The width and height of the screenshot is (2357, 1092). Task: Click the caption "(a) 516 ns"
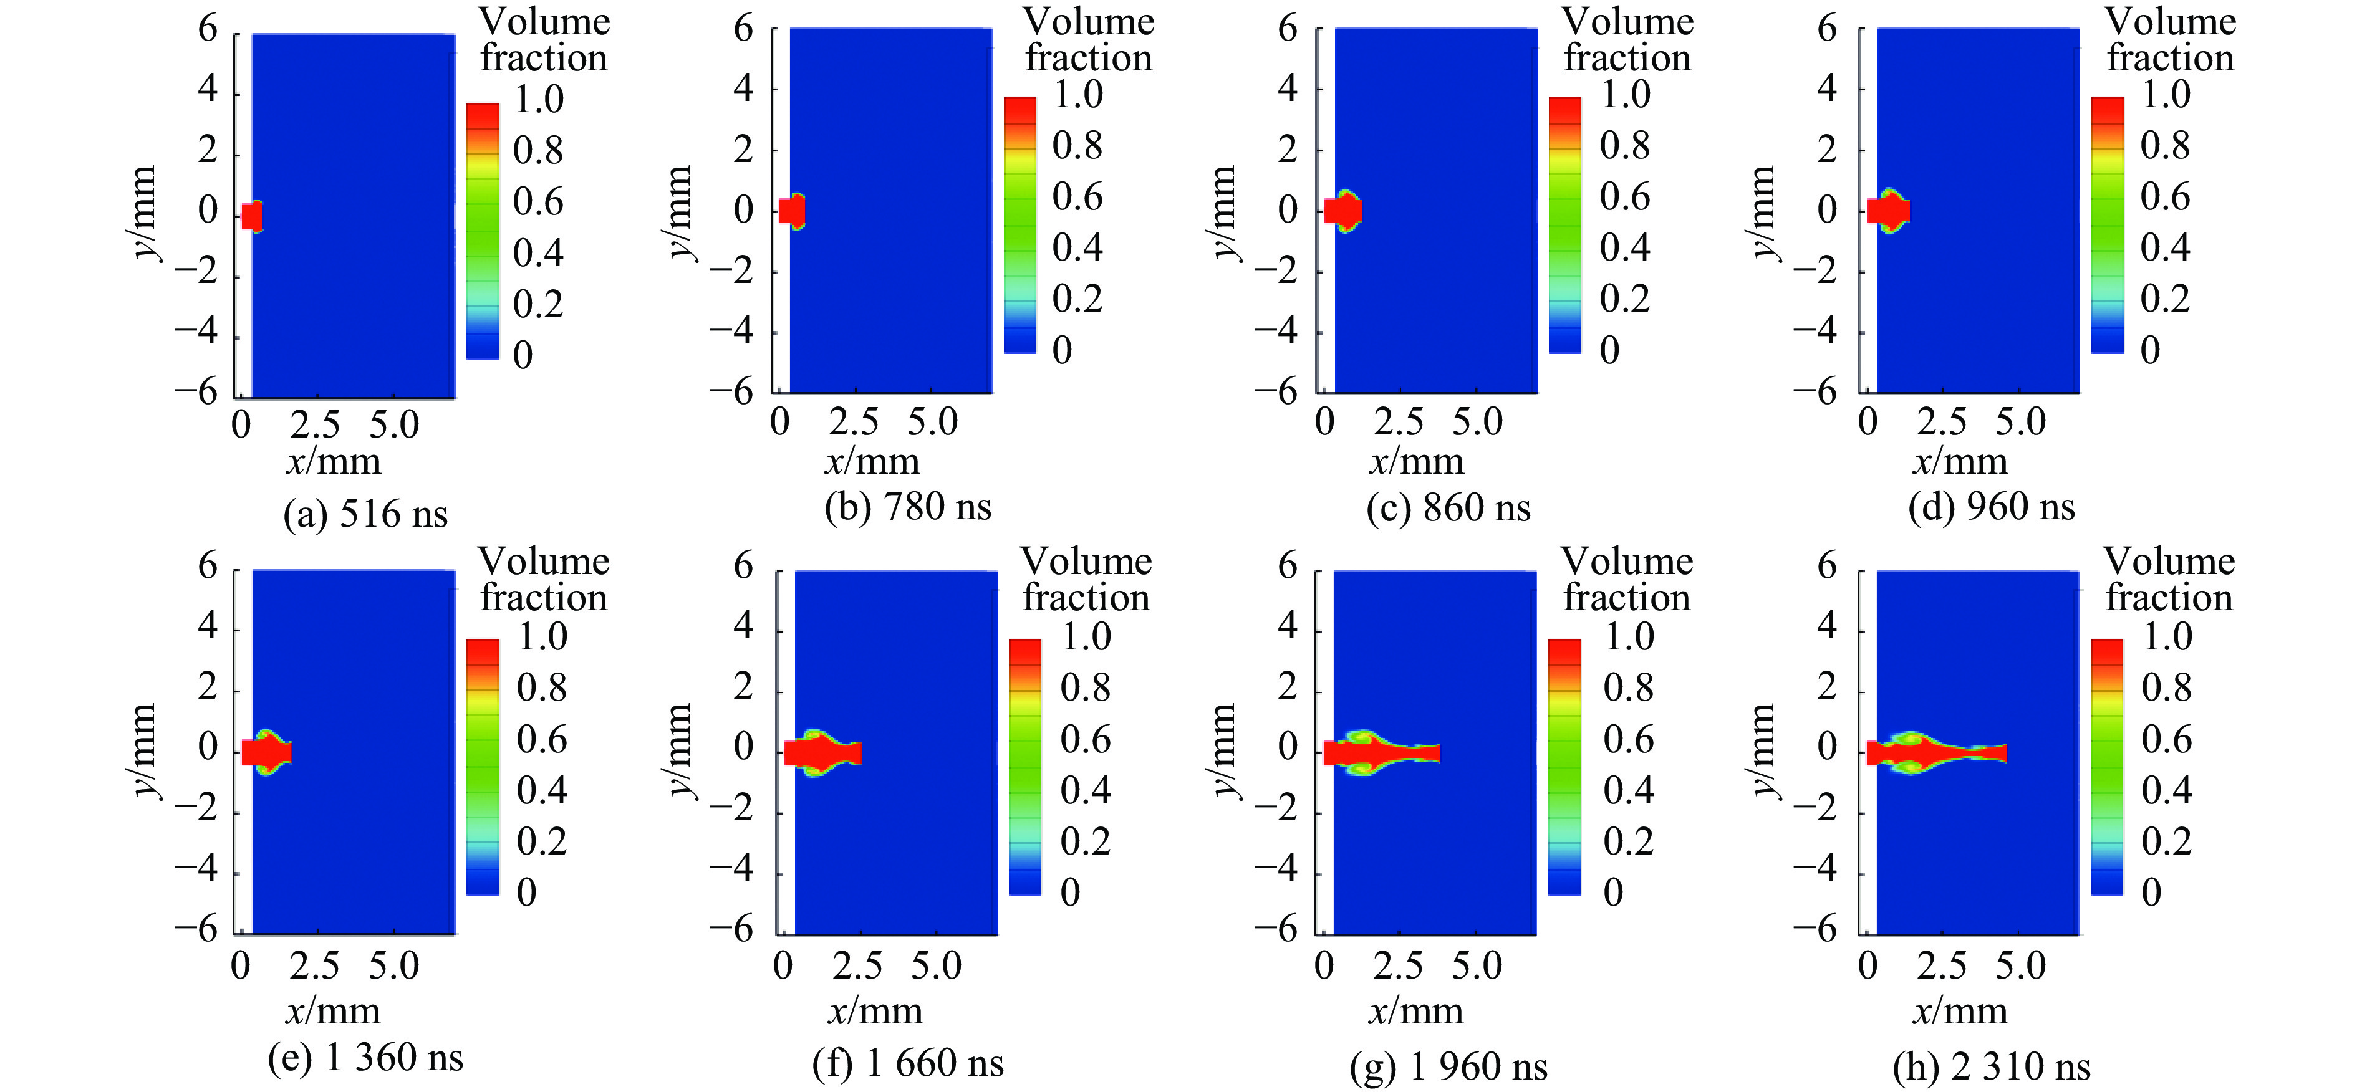click(365, 515)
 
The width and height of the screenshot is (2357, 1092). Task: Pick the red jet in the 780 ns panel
click(791, 211)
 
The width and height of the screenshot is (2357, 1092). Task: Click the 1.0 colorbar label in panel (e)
click(542, 636)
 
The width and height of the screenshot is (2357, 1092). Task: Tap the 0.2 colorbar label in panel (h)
click(2166, 841)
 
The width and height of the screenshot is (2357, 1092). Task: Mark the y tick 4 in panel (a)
click(209, 90)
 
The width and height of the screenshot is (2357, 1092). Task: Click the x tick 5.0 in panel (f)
click(936, 966)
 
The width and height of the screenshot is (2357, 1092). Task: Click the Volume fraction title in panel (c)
click(1627, 41)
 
